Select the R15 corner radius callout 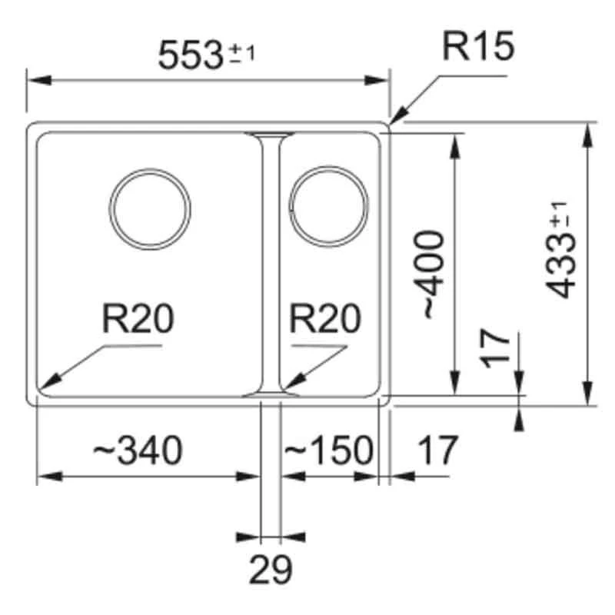[477, 48]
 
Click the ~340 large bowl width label [138, 450]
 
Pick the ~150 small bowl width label [328, 450]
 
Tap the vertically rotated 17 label [499, 347]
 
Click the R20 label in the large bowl [138, 318]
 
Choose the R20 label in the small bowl [325, 318]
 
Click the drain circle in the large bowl [150, 210]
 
